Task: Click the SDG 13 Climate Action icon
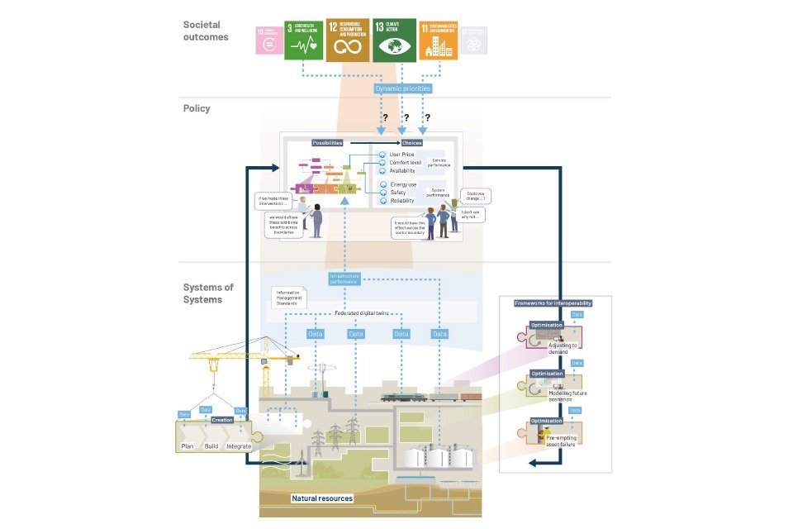[x=393, y=40]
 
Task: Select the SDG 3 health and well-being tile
[x=303, y=41]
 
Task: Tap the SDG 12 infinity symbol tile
[x=348, y=40]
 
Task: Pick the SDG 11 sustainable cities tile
[x=438, y=41]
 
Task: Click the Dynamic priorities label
[x=403, y=88]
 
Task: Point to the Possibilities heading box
[x=327, y=143]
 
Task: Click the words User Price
[x=403, y=155]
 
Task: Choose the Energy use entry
[x=404, y=184]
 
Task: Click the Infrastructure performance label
[x=344, y=278]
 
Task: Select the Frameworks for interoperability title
[x=553, y=303]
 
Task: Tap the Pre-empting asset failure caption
[x=562, y=440]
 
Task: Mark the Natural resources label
[x=322, y=498]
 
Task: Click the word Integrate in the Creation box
[x=239, y=446]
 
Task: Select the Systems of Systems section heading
[x=208, y=293]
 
